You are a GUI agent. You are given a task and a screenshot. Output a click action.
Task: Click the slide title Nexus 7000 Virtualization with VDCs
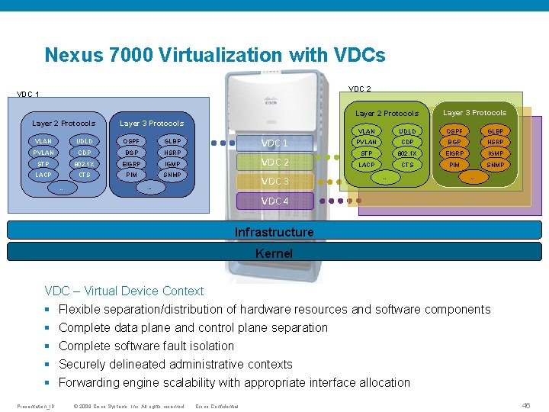coord(214,55)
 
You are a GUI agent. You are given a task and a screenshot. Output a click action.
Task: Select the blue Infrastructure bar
coord(274,231)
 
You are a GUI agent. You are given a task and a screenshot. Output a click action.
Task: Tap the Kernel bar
coord(274,253)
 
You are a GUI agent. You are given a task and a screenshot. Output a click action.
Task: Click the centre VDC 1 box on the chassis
coord(275,143)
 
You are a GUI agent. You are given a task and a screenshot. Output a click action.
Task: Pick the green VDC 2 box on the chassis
coord(275,162)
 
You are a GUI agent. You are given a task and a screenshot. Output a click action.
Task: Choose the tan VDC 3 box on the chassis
coord(275,182)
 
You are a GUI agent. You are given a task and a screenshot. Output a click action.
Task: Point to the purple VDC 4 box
coord(275,201)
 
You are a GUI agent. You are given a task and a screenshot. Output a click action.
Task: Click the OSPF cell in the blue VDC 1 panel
coord(132,141)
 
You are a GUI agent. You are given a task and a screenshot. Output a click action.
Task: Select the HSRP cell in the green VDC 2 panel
coord(495,142)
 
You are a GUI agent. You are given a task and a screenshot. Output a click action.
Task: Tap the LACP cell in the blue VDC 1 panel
coord(43,175)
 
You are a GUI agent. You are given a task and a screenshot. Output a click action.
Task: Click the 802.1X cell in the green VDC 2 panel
coord(407,153)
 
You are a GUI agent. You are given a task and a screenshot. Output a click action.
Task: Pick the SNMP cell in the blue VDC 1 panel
coord(172,175)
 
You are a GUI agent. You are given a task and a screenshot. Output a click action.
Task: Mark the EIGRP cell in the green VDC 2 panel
coord(454,153)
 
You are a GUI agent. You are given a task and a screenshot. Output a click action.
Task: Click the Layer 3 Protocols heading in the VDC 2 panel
coord(474,113)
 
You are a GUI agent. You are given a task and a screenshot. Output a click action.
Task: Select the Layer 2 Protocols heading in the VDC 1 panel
coord(63,123)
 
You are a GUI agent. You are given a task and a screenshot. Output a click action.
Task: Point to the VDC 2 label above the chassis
coord(359,89)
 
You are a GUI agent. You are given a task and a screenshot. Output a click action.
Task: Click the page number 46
coord(525,405)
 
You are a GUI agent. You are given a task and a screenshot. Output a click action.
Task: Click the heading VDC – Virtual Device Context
coord(124,291)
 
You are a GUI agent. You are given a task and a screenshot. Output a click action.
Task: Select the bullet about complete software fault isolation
coord(146,346)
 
